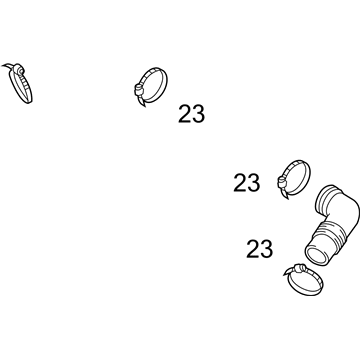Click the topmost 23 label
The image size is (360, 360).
coord(191,114)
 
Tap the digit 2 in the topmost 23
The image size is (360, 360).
coord(185,114)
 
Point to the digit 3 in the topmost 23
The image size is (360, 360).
coord(198,114)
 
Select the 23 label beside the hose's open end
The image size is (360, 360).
coord(259,249)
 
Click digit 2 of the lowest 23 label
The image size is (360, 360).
coord(253,249)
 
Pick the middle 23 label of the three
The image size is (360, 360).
coord(246,183)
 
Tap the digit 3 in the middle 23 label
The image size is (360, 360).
coord(253,183)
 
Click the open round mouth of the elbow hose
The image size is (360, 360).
coord(316,256)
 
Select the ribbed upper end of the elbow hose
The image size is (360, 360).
coord(328,200)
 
